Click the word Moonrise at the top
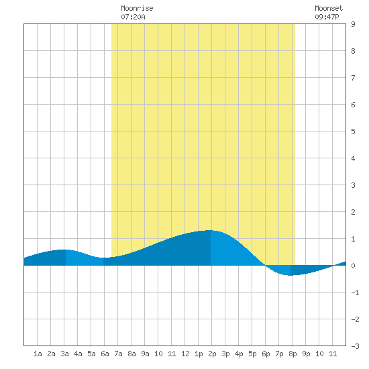tap(137, 8)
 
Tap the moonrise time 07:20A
tap(134, 17)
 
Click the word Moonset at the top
tap(329, 8)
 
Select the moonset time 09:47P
tap(327, 17)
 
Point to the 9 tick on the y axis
tap(353, 24)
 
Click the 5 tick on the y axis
tap(353, 131)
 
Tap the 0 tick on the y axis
tap(353, 266)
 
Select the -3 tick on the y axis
tap(355, 346)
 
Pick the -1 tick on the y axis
tap(355, 293)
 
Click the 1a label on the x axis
tap(38, 354)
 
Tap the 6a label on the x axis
tap(105, 354)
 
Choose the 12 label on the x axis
tap(185, 354)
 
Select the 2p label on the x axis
tap(212, 354)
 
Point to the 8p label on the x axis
tap(293, 354)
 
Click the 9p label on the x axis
tap(306, 354)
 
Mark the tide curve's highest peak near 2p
tap(211, 230)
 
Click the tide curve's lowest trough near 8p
tap(291, 275)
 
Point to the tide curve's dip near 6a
tap(103, 258)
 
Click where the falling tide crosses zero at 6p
tap(265, 266)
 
